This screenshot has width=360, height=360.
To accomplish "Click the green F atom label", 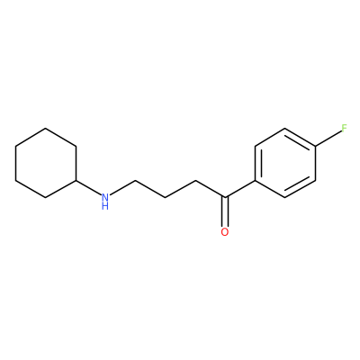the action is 344,129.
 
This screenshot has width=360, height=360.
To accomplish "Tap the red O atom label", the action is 225,232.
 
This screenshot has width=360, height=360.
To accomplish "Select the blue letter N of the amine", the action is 104,197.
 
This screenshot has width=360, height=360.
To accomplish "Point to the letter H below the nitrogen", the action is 104,206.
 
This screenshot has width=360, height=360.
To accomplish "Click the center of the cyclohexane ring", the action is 46,163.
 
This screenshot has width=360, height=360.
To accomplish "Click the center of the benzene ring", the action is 285,163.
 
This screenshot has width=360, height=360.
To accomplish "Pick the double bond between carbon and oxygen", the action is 225,211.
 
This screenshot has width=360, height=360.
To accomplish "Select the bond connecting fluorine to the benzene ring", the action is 328,139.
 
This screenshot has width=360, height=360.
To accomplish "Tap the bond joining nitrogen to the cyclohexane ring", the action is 88,188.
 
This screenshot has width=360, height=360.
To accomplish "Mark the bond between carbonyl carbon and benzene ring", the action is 239,189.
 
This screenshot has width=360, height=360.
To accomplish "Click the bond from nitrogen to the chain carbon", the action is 121,188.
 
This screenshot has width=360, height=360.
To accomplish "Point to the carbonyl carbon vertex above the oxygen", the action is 225,197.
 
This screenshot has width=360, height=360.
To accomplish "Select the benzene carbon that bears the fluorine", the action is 315,146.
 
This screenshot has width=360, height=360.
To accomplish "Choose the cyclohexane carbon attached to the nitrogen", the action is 76,181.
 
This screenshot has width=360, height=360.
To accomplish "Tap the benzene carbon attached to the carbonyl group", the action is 255,181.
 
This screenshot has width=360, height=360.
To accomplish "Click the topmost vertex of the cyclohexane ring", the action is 46,129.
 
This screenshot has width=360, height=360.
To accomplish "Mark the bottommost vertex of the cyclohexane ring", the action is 46,198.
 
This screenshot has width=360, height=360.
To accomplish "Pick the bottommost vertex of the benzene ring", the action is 285,198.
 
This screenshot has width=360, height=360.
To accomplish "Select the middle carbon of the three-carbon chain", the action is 165,197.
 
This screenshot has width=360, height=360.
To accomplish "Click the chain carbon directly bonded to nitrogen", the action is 135,181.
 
